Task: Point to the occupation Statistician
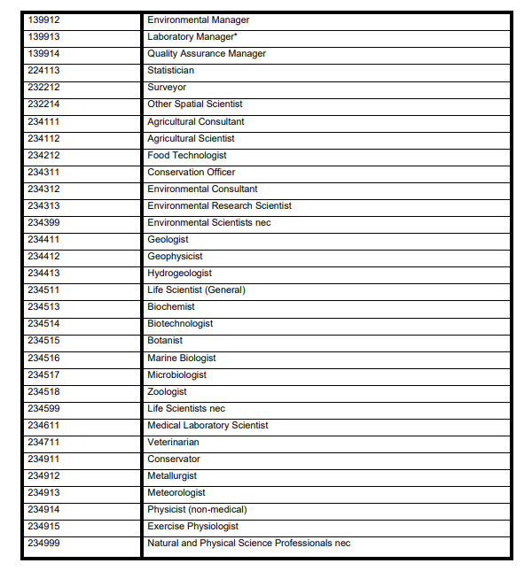tap(170, 71)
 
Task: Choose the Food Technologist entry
tap(187, 155)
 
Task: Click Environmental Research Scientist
tap(219, 205)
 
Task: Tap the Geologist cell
tap(168, 239)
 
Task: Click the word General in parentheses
tap(224, 289)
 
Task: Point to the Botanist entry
tap(165, 340)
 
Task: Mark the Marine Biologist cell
tap(181, 358)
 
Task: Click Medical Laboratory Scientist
tap(207, 425)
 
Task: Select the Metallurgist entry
tap(172, 475)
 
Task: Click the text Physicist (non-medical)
tap(197, 509)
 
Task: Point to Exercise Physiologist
tap(192, 526)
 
